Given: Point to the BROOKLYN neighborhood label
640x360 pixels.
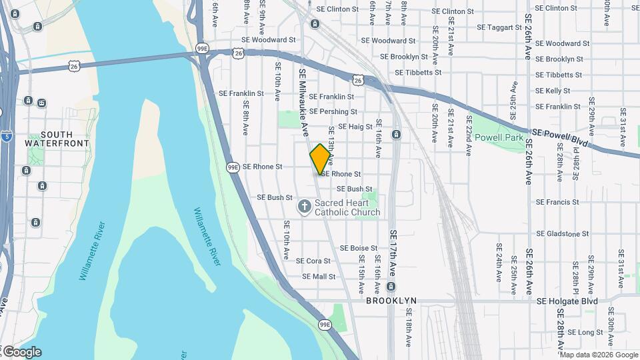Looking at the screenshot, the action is pos(391,301).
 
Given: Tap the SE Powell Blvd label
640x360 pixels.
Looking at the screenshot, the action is pos(559,137).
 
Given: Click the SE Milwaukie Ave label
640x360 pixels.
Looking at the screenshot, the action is pos(303,100).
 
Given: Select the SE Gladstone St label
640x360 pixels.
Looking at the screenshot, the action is pos(563,234).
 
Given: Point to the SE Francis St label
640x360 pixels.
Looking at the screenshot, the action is pos(557,202).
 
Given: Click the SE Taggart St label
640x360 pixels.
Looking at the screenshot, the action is pos(499,28).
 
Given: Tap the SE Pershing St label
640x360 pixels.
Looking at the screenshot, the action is pos(333,112).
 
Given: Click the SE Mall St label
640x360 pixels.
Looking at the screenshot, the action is pos(319,276).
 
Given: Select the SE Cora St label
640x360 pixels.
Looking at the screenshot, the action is pos(313,261).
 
